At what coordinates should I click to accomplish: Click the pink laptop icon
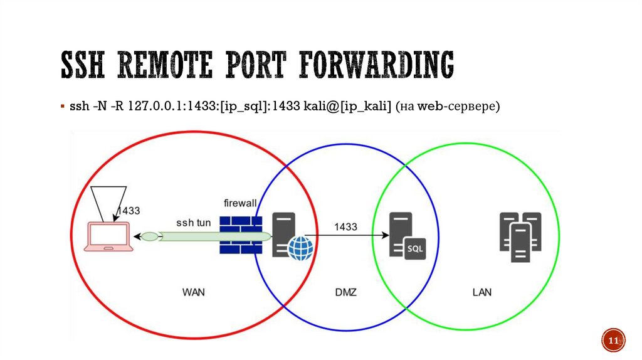110,238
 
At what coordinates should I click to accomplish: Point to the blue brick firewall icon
240,235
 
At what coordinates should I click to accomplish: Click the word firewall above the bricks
241,203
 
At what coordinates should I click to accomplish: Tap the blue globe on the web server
300,248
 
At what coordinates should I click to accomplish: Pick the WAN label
194,292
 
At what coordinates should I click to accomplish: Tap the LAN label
482,292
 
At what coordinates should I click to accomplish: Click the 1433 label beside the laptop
129,211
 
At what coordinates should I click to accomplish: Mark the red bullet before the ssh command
62,107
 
